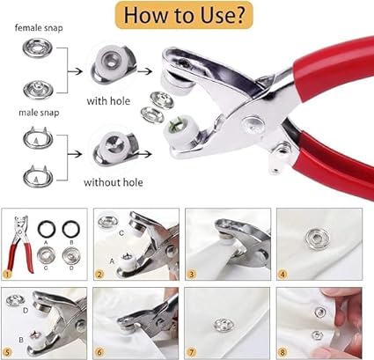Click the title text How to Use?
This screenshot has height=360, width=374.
point(187,16)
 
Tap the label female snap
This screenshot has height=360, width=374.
point(37,27)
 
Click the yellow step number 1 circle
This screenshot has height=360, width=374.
point(10,273)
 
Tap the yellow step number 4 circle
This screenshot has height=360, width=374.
point(283,273)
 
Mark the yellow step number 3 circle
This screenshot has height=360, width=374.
point(192,273)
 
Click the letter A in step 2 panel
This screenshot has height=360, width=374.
point(113,262)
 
